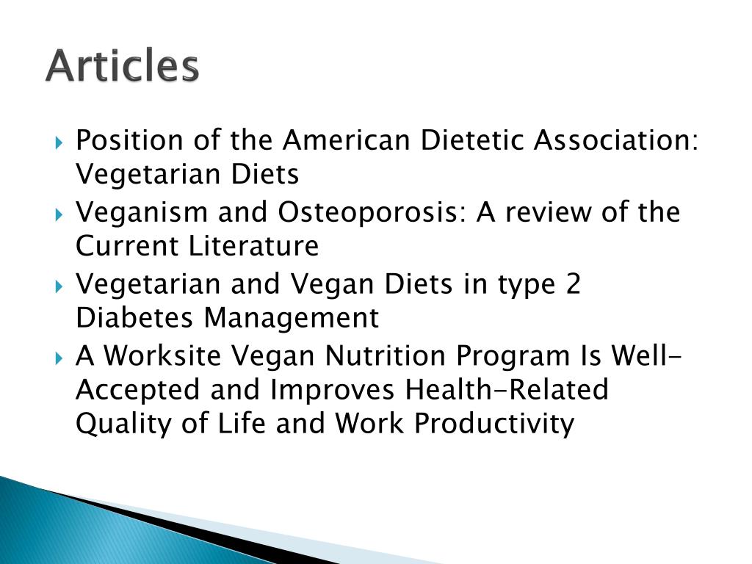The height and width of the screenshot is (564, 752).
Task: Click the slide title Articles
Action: pos(122,67)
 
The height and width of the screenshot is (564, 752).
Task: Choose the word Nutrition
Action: pos(386,355)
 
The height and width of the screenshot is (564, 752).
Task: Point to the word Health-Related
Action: pos(507,389)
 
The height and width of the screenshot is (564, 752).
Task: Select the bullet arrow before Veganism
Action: pos(59,213)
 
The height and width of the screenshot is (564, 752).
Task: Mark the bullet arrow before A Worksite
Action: pos(59,357)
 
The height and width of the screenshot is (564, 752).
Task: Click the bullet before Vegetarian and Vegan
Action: pos(59,285)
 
